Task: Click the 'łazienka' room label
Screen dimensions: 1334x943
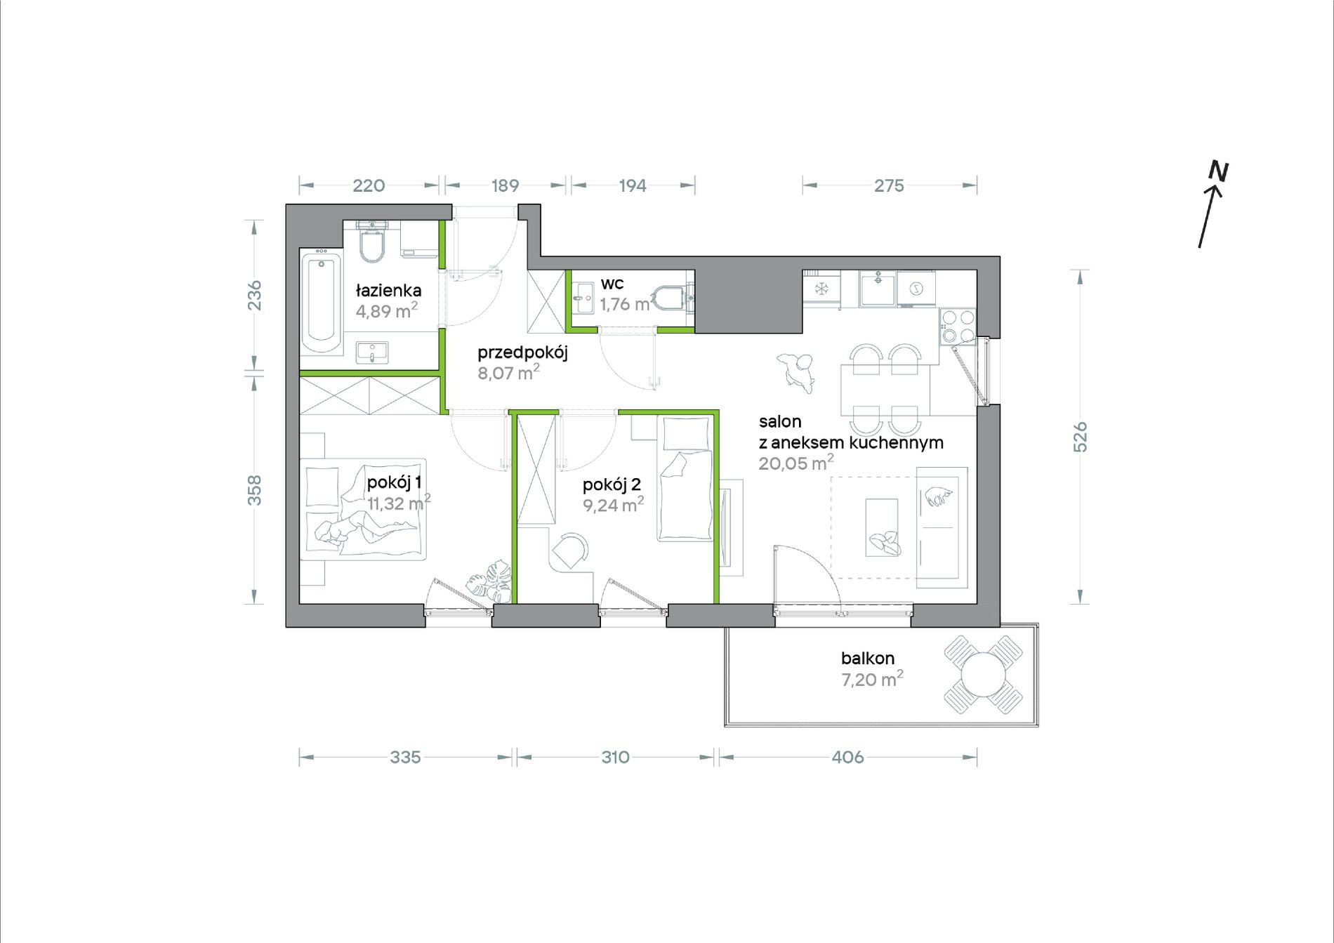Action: pos(388,290)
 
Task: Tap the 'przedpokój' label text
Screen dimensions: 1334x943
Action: pos(522,353)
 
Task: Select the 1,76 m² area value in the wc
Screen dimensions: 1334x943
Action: pos(626,304)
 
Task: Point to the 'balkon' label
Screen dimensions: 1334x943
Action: pos(868,658)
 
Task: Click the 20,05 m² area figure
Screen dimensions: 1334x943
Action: pos(796,463)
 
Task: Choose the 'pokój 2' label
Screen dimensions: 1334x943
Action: pos(612,484)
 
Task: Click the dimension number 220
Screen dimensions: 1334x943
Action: pos(369,185)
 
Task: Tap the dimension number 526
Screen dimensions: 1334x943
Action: pos(1081,437)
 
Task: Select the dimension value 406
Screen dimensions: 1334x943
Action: pos(847,757)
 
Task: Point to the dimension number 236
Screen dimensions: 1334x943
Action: pos(254,295)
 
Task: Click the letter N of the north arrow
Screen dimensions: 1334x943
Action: pos(1218,171)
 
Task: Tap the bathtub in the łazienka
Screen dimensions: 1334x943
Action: pos(322,304)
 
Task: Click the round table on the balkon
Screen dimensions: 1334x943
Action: pos(983,675)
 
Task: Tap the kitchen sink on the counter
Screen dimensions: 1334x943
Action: pos(878,288)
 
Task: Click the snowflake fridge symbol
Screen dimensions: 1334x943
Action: pos(821,289)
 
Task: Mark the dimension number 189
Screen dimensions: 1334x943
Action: pos(505,185)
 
